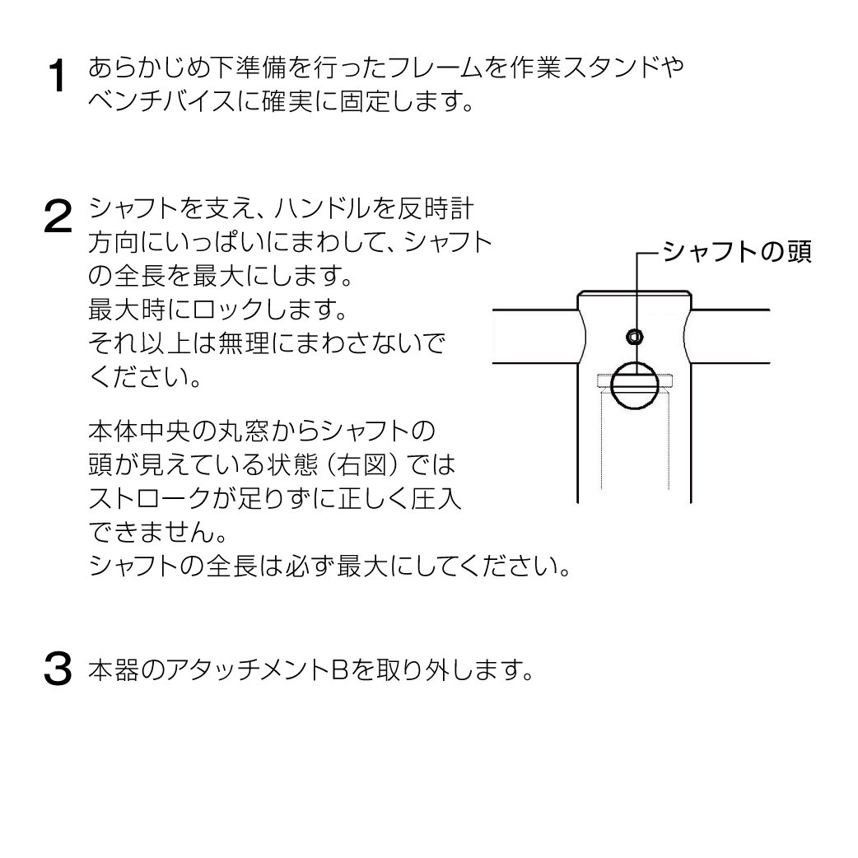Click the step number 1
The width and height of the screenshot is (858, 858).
(x=57, y=76)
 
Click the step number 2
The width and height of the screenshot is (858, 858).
(x=58, y=217)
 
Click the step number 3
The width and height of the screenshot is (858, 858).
(x=58, y=668)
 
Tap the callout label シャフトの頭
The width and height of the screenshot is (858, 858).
(x=736, y=252)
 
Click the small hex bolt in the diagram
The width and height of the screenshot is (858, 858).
(x=635, y=337)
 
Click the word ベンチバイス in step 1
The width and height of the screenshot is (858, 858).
(x=162, y=101)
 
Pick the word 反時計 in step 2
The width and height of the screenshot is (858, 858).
(x=435, y=209)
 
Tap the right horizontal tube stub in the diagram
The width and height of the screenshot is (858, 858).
(x=730, y=337)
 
